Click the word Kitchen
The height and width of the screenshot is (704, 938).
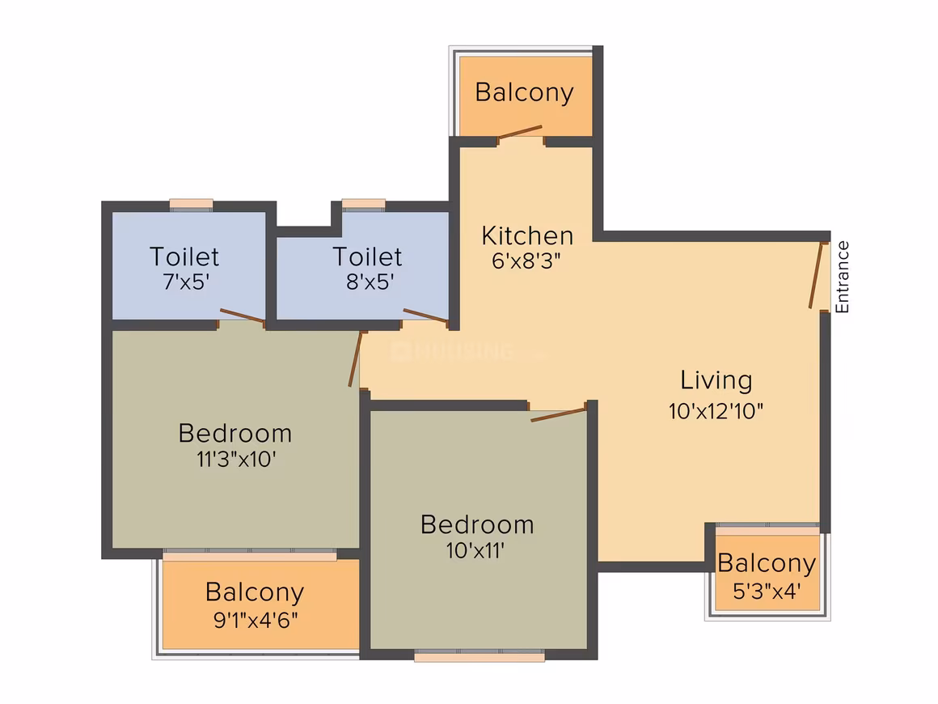click(527, 235)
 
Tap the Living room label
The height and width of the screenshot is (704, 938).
click(716, 381)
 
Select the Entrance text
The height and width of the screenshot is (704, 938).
click(843, 277)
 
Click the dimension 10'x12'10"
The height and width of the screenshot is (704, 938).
click(716, 411)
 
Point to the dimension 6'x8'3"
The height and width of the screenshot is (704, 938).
click(526, 261)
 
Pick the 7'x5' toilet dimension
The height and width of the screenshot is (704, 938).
click(185, 282)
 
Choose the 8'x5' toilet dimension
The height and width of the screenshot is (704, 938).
click(370, 282)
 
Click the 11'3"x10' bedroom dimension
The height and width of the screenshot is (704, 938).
click(236, 459)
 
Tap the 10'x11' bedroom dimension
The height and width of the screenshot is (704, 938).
click(475, 550)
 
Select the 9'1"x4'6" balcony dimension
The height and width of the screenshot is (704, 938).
click(256, 620)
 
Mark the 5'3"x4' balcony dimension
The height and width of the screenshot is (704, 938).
click(767, 592)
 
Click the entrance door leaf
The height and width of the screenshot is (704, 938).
click(818, 275)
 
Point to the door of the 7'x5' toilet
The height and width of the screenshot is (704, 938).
click(243, 316)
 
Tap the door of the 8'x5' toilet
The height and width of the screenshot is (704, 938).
click(426, 316)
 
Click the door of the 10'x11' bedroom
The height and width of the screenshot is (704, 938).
click(558, 413)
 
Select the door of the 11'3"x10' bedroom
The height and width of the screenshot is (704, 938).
click(356, 358)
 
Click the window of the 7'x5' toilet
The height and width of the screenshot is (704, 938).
click(191, 205)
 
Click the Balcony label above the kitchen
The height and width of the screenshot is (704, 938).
click(525, 93)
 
